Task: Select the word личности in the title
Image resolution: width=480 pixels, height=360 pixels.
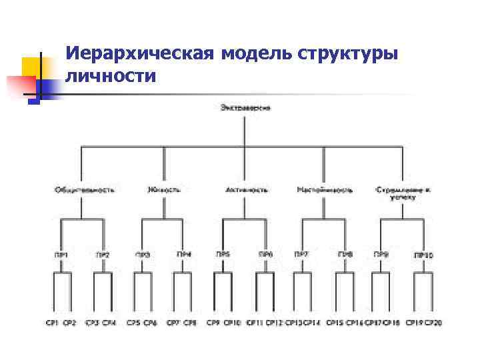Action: (x=111, y=76)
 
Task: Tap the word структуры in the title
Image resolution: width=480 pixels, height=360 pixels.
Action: (x=349, y=52)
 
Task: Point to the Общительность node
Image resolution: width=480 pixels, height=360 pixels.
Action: (x=84, y=190)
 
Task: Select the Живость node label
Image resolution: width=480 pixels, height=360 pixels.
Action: (x=164, y=190)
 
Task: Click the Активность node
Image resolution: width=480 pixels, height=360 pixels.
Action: (x=247, y=190)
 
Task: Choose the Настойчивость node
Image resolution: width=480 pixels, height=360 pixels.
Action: (x=325, y=190)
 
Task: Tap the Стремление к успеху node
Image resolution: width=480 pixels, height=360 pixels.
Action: (x=403, y=193)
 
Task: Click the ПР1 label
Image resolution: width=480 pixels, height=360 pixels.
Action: (x=62, y=254)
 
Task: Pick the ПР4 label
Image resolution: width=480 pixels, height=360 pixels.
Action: (x=183, y=254)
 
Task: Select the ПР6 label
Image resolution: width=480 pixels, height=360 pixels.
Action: (x=266, y=254)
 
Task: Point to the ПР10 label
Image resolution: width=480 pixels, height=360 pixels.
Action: (x=423, y=255)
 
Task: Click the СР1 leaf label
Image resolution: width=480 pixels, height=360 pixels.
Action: (x=52, y=323)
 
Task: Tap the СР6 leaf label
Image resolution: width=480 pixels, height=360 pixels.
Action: (x=151, y=323)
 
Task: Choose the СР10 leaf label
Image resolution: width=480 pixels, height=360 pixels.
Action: (x=233, y=323)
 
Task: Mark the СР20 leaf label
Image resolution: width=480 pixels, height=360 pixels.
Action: (x=433, y=323)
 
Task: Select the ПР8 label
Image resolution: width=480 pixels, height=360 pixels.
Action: (x=345, y=254)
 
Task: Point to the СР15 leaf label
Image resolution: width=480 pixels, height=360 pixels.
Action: (x=335, y=323)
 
